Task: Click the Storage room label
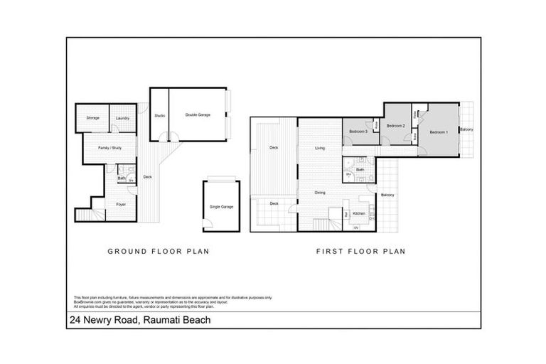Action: click(x=92, y=118)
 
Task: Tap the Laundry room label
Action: click(x=122, y=118)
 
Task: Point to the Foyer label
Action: click(x=121, y=205)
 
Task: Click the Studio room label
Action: click(x=160, y=115)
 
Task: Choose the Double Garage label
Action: click(x=197, y=114)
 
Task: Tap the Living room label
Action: click(x=320, y=148)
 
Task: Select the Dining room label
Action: click(x=320, y=193)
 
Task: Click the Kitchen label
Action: click(x=359, y=214)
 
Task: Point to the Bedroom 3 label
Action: click(x=358, y=132)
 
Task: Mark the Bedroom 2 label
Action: click(x=395, y=126)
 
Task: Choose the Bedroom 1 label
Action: click(x=439, y=132)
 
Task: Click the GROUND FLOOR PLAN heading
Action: click(x=157, y=251)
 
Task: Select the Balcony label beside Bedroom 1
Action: click(x=466, y=129)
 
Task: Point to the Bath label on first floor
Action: click(x=360, y=170)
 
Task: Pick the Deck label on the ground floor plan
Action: click(x=148, y=177)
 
